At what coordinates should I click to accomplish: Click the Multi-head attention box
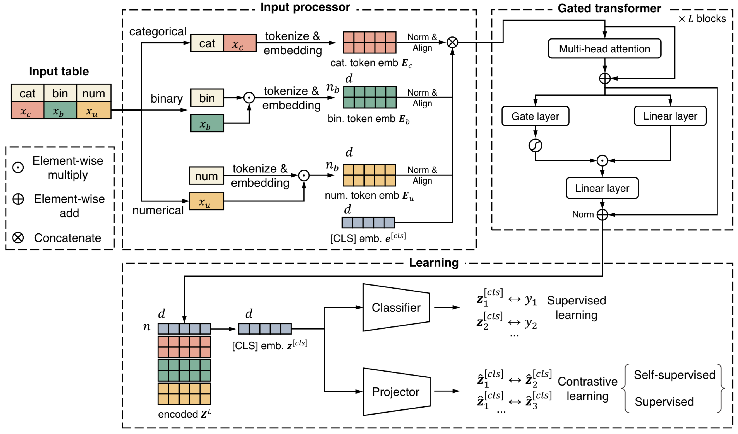[604, 48]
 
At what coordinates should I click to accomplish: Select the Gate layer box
[535, 116]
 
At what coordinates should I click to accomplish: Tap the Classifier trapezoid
[396, 308]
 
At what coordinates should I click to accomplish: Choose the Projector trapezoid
[396, 392]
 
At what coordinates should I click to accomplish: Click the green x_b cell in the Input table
[60, 110]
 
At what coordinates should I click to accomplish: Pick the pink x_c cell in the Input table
[28, 110]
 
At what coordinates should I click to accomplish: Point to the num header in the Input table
[94, 93]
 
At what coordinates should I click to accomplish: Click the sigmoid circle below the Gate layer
[535, 145]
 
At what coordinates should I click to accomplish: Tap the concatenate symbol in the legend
[18, 238]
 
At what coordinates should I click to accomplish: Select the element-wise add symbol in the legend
[18, 199]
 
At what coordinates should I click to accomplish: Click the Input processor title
[305, 7]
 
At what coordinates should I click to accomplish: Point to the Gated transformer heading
[609, 8]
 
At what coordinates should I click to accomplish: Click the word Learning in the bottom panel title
[434, 263]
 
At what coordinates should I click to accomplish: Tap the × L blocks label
[702, 19]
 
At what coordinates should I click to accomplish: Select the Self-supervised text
[674, 375]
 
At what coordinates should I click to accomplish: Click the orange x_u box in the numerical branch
[206, 201]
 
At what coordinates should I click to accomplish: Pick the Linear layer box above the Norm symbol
[602, 188]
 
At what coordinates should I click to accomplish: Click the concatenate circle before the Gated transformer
[452, 42]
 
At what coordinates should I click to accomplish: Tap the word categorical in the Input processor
[158, 31]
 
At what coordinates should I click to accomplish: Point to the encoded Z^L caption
[185, 414]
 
